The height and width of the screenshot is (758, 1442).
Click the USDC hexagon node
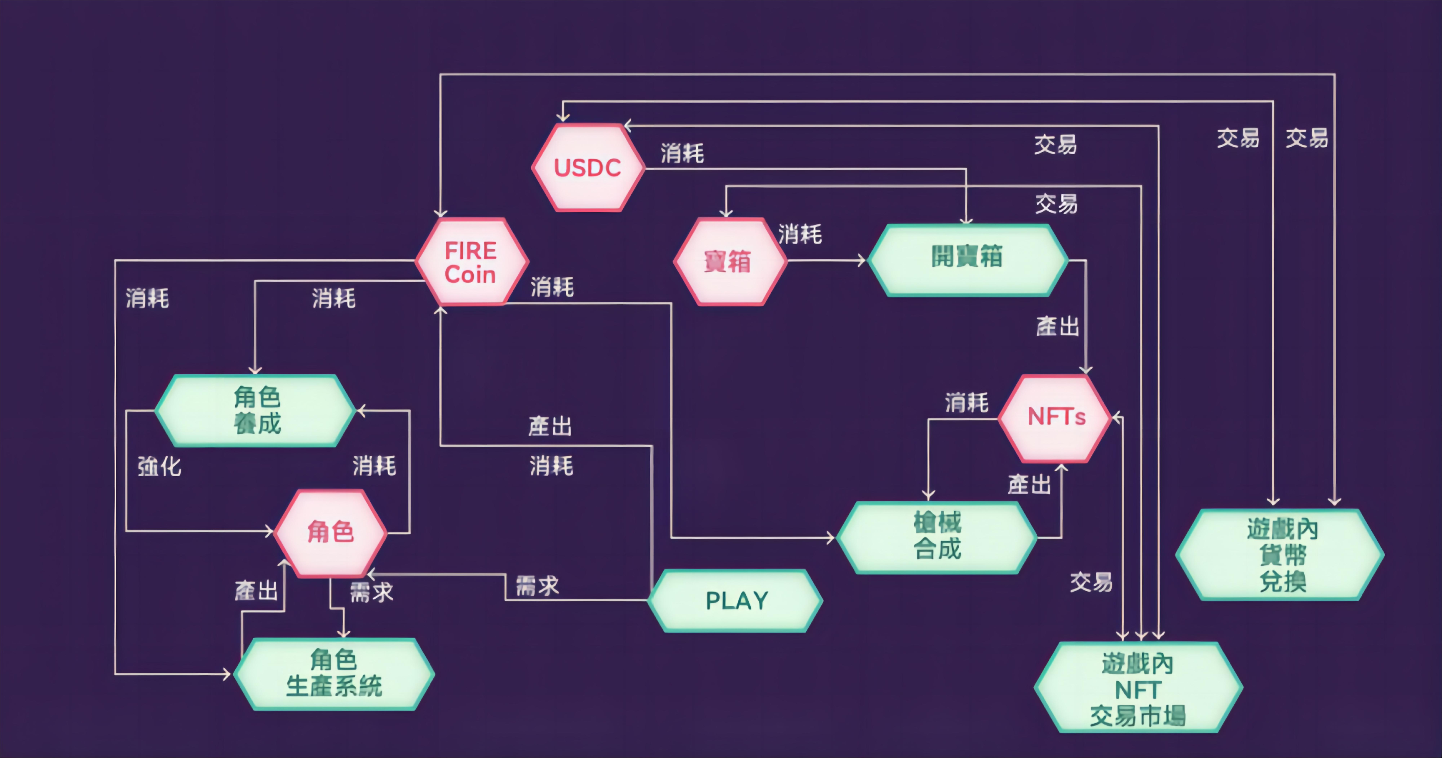[x=588, y=167]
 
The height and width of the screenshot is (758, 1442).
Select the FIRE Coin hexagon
[x=471, y=262]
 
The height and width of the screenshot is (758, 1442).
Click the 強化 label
[x=160, y=466]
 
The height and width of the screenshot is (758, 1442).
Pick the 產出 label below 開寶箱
[x=1057, y=326]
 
